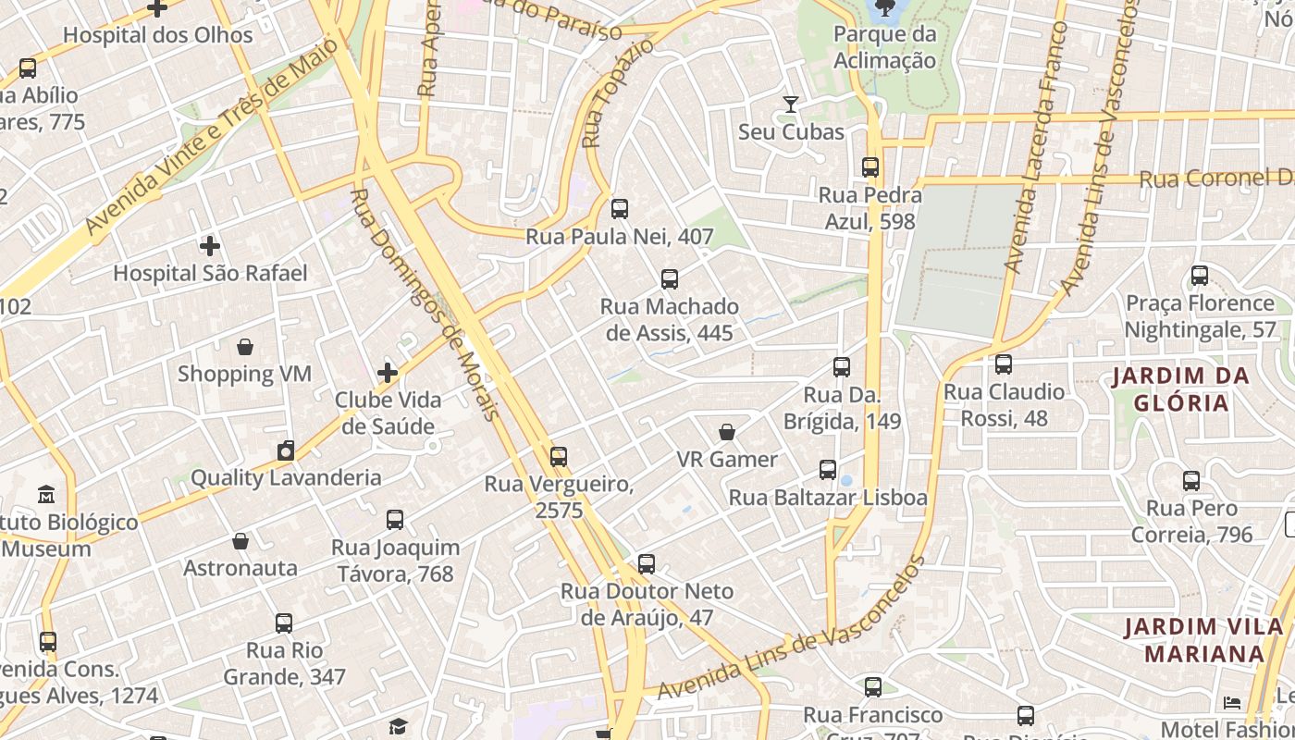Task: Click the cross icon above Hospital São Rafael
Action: click(210, 246)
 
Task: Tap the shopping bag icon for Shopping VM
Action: click(245, 347)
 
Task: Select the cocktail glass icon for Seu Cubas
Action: click(791, 105)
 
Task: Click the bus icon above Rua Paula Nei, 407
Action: click(620, 209)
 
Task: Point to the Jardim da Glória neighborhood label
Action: click(1181, 389)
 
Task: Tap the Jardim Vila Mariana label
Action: click(1204, 640)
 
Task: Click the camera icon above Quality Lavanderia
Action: click(286, 450)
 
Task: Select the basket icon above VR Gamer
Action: click(727, 432)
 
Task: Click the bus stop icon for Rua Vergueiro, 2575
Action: click(558, 456)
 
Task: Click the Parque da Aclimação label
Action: click(884, 47)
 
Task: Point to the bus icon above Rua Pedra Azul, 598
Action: click(870, 167)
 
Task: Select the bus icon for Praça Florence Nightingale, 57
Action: click(1200, 276)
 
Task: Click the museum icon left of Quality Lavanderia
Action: click(46, 495)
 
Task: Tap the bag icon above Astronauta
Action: click(240, 540)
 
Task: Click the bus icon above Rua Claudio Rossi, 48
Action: click(1004, 364)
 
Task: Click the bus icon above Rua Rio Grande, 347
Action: click(284, 623)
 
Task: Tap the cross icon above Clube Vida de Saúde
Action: click(388, 373)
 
